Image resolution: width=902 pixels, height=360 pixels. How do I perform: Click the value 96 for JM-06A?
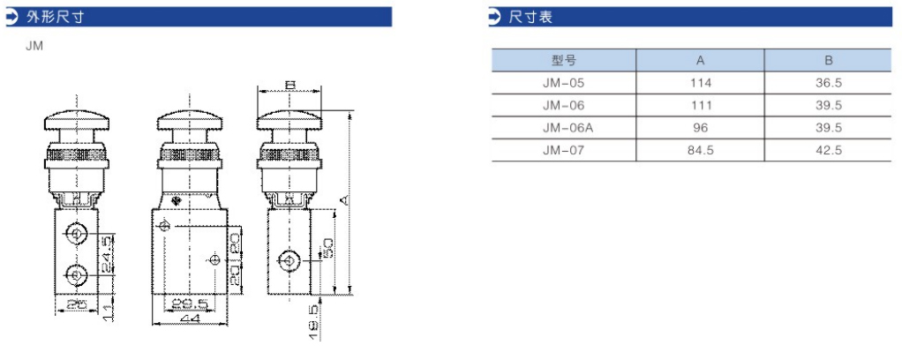[701, 128]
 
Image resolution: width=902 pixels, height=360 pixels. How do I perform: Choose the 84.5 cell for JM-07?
[701, 151]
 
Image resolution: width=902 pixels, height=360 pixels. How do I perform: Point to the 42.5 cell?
[829, 151]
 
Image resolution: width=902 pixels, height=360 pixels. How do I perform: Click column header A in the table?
[701, 60]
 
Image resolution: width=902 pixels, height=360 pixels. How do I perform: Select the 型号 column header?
[564, 60]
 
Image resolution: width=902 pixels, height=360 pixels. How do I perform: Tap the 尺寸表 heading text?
[530, 17]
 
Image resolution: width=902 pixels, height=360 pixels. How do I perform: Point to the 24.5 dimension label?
[105, 254]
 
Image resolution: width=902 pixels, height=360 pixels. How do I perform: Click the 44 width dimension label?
[188, 319]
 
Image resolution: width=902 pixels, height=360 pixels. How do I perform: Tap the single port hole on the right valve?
[287, 261]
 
